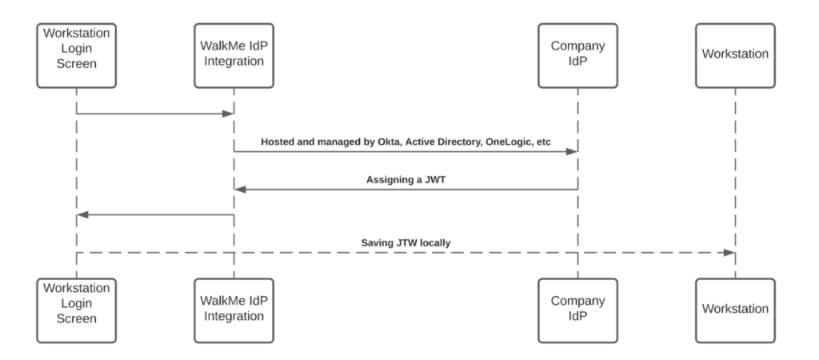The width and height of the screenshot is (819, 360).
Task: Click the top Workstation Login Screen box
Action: point(77,54)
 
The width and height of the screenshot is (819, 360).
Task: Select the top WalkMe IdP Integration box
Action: point(234,54)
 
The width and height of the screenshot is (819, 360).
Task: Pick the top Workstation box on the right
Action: point(735,54)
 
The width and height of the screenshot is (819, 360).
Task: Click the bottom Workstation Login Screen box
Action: point(77,307)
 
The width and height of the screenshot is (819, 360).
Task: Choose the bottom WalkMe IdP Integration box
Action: point(234,307)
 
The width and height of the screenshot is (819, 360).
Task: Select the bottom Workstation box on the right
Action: point(735,307)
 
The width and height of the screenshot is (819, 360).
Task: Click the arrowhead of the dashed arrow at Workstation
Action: point(729,252)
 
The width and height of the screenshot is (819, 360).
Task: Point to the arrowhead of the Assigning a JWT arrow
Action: point(240,190)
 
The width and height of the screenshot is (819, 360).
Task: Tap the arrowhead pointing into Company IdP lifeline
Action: point(571,151)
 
